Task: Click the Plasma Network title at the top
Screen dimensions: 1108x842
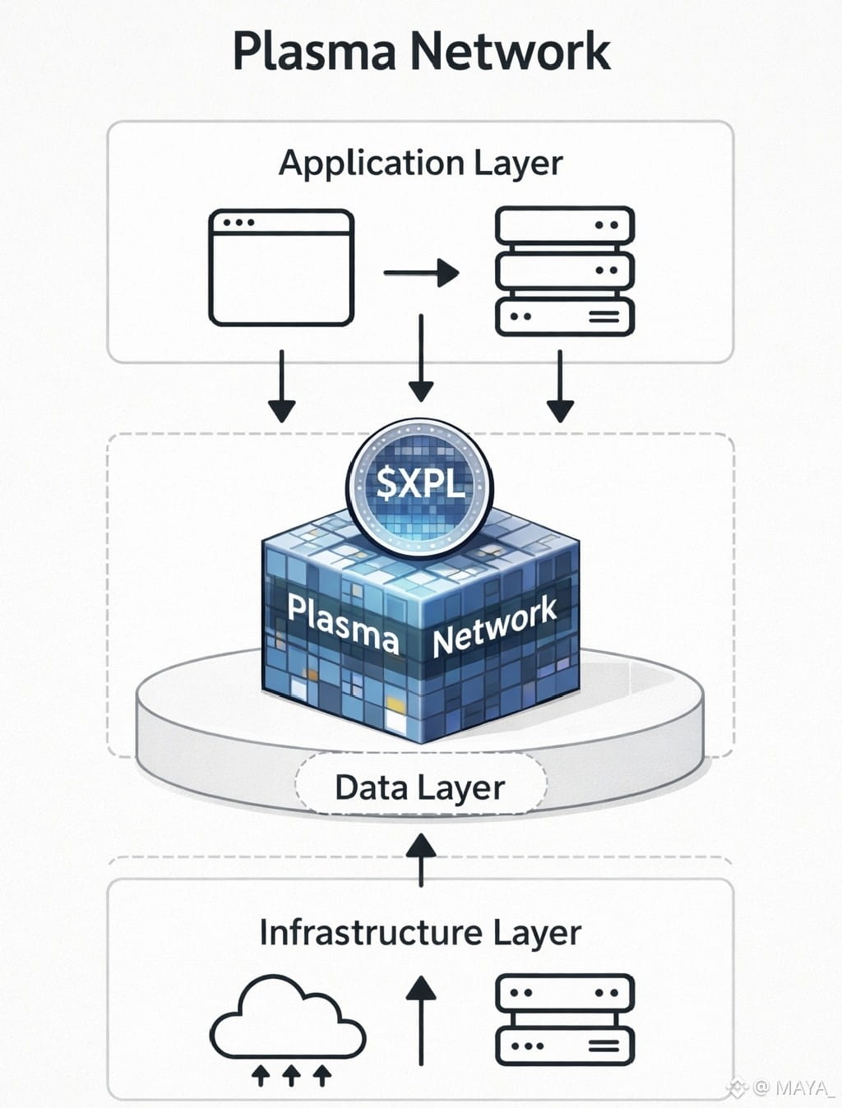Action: tap(421, 51)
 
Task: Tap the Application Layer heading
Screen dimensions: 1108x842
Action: tap(421, 163)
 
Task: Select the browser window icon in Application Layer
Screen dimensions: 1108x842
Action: tap(281, 268)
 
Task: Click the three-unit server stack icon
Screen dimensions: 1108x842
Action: tap(565, 271)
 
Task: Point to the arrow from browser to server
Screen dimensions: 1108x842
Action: tap(421, 272)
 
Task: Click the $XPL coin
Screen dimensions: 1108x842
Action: tap(420, 482)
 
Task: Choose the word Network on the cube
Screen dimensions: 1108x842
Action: tap(495, 626)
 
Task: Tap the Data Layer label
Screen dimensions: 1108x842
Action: tap(419, 787)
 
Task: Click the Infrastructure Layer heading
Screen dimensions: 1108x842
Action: tap(420, 933)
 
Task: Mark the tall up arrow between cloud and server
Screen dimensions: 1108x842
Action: tap(422, 1019)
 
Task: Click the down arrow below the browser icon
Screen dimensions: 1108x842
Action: tap(281, 386)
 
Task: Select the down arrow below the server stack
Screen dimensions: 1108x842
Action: tap(560, 386)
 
